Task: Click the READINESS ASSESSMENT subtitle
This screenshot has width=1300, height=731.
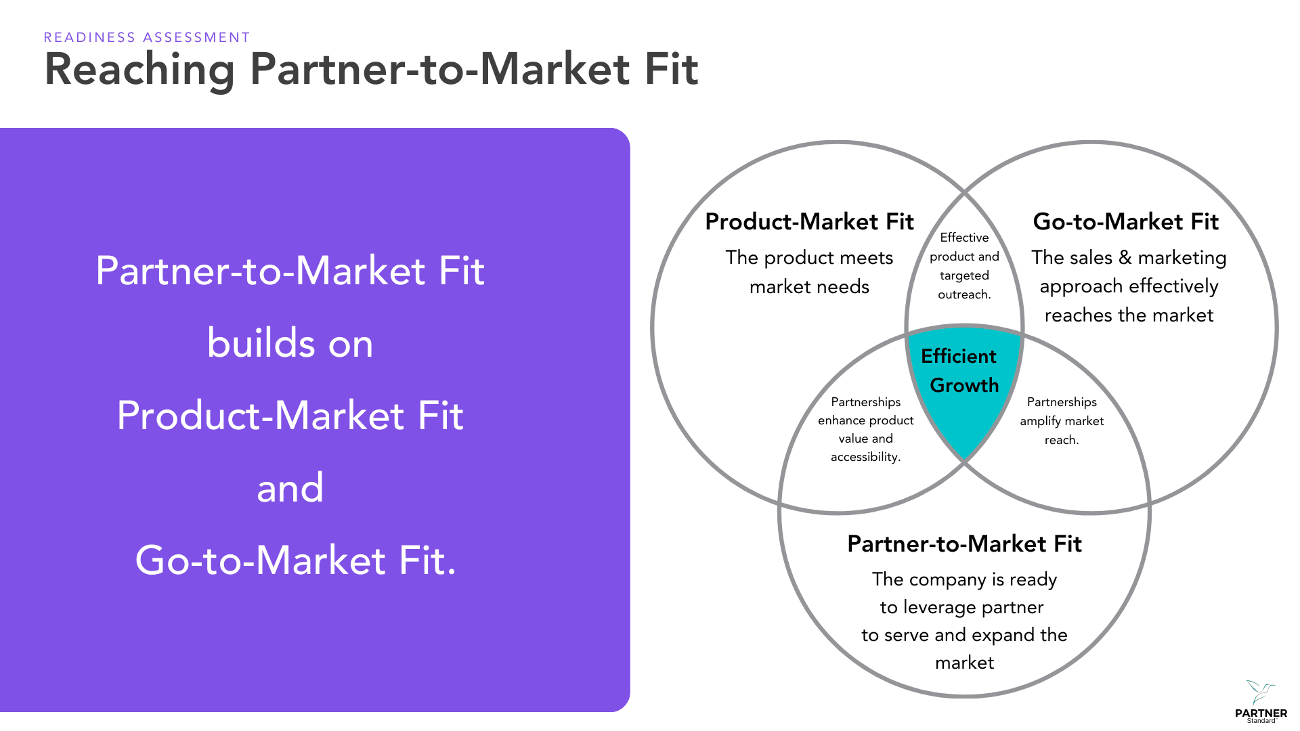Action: [x=147, y=37]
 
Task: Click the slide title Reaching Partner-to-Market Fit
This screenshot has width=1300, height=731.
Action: [x=371, y=69]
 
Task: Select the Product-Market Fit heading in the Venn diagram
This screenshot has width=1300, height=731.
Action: [x=809, y=221]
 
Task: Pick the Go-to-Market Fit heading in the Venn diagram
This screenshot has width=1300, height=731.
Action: [x=1125, y=221]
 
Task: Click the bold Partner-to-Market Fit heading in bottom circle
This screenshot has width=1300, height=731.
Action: [x=964, y=544]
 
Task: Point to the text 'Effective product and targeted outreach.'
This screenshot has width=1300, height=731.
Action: [x=964, y=266]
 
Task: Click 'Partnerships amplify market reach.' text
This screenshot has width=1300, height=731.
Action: [x=1062, y=420]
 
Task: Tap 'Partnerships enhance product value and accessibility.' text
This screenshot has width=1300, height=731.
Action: [x=865, y=429]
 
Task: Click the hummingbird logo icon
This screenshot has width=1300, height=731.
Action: [x=1260, y=692]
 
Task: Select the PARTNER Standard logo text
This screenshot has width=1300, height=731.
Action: [x=1261, y=714]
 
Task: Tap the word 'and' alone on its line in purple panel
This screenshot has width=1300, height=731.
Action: [x=290, y=487]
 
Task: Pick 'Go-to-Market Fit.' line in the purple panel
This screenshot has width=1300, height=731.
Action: [x=296, y=560]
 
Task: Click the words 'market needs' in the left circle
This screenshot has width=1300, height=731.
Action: [x=809, y=286]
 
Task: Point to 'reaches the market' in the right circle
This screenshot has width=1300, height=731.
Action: [x=1129, y=315]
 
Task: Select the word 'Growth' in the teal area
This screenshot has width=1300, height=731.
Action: [x=964, y=385]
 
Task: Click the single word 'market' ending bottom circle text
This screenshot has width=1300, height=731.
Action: [x=964, y=662]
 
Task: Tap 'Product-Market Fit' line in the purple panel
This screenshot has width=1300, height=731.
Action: [x=290, y=415]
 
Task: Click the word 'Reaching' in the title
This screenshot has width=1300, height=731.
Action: [x=139, y=69]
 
